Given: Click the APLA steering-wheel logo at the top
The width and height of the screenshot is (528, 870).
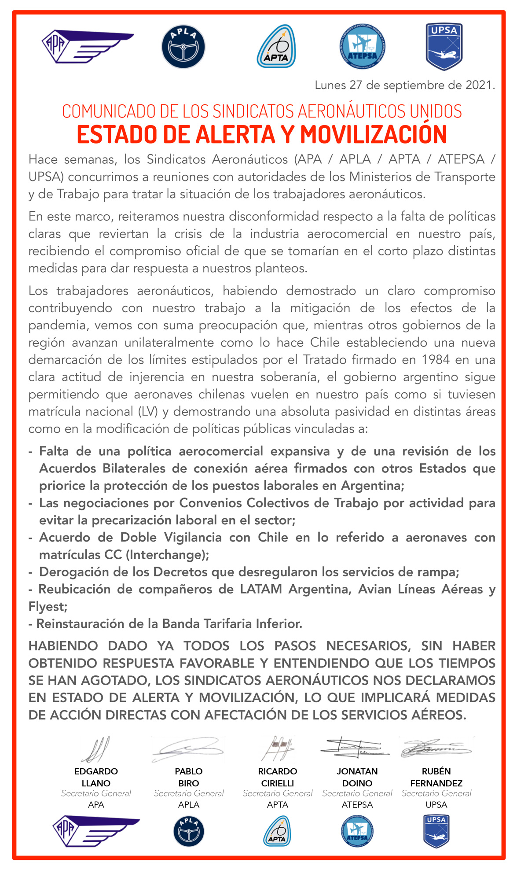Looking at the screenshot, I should point(183,47).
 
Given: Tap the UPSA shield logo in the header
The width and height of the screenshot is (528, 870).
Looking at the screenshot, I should point(444,47).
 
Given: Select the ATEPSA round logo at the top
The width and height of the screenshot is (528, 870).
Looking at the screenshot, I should point(362,47).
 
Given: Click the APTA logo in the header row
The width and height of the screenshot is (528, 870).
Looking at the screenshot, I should point(276,47).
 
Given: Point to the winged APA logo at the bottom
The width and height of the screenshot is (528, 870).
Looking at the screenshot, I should point(96,832).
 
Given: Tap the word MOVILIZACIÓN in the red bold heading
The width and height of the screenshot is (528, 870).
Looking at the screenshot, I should point(374,135).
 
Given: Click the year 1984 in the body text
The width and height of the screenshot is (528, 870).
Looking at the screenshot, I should point(436,360).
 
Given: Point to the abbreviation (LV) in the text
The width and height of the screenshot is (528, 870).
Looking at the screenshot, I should point(148,411).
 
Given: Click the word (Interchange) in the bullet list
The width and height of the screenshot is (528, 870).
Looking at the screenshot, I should point(167,555).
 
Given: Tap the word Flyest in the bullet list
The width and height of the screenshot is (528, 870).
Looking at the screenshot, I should point(48,607).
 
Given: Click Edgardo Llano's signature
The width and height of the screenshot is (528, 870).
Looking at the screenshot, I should point(96,749).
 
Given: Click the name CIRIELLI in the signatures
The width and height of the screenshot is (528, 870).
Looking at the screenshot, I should point(278,783).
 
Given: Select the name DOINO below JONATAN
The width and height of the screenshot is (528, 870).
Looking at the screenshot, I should point(357,783).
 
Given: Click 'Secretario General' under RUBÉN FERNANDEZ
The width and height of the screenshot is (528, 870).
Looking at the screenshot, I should point(436,793).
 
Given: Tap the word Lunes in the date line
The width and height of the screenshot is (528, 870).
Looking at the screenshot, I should point(330,85).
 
